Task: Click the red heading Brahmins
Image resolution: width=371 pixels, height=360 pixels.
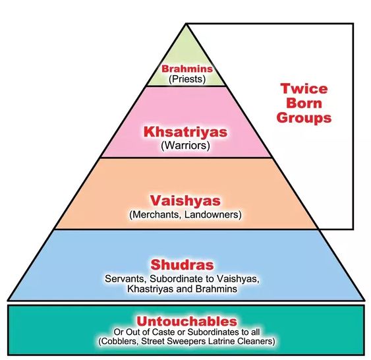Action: (x=187, y=69)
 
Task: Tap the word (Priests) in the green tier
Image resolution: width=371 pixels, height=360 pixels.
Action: (x=187, y=79)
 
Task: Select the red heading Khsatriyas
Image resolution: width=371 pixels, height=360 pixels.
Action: (x=186, y=132)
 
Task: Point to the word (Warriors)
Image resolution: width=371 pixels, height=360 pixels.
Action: (x=186, y=145)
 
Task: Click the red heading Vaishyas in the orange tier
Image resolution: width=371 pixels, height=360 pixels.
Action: (x=185, y=200)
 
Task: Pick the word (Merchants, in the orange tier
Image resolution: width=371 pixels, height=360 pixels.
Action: (x=156, y=215)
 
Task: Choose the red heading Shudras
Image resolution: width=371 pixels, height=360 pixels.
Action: (x=182, y=264)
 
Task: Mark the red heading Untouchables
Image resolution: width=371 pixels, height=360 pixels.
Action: (x=186, y=321)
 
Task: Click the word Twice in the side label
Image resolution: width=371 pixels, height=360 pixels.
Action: (x=304, y=89)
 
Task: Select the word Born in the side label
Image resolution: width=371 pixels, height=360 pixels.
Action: (x=304, y=104)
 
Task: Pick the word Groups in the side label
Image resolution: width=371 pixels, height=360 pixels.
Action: (x=304, y=118)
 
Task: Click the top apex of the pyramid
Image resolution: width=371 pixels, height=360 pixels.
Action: (x=186, y=24)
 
